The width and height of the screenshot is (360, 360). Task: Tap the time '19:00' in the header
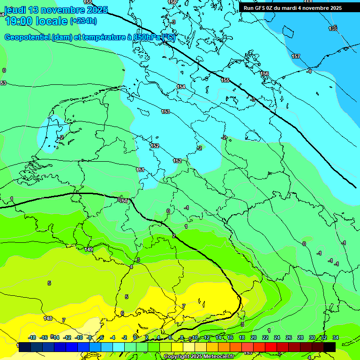click(19, 21)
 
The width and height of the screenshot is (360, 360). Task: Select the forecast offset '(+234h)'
click(83, 21)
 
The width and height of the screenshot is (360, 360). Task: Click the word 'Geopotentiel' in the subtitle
click(27, 37)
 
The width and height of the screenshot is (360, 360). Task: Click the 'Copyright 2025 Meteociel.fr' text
click(199, 357)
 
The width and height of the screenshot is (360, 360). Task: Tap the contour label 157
click(296, 56)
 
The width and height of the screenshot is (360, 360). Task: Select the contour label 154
click(181, 87)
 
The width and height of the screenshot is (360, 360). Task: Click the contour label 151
click(140, 170)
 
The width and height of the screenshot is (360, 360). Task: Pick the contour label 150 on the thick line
click(124, 201)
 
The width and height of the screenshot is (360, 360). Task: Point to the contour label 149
click(89, 249)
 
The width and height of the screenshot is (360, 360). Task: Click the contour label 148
click(48, 318)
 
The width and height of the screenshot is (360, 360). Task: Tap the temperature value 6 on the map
click(122, 313)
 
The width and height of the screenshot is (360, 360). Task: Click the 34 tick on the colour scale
click(335, 337)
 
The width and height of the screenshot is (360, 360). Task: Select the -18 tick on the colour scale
click(32, 337)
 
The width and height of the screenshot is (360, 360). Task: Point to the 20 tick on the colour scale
click(253, 337)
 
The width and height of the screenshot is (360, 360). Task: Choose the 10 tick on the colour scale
click(195, 337)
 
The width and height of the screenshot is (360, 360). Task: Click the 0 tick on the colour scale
click(135, 337)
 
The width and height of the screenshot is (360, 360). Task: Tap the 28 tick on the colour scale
click(300, 337)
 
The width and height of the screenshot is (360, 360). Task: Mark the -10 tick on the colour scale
click(79, 337)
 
